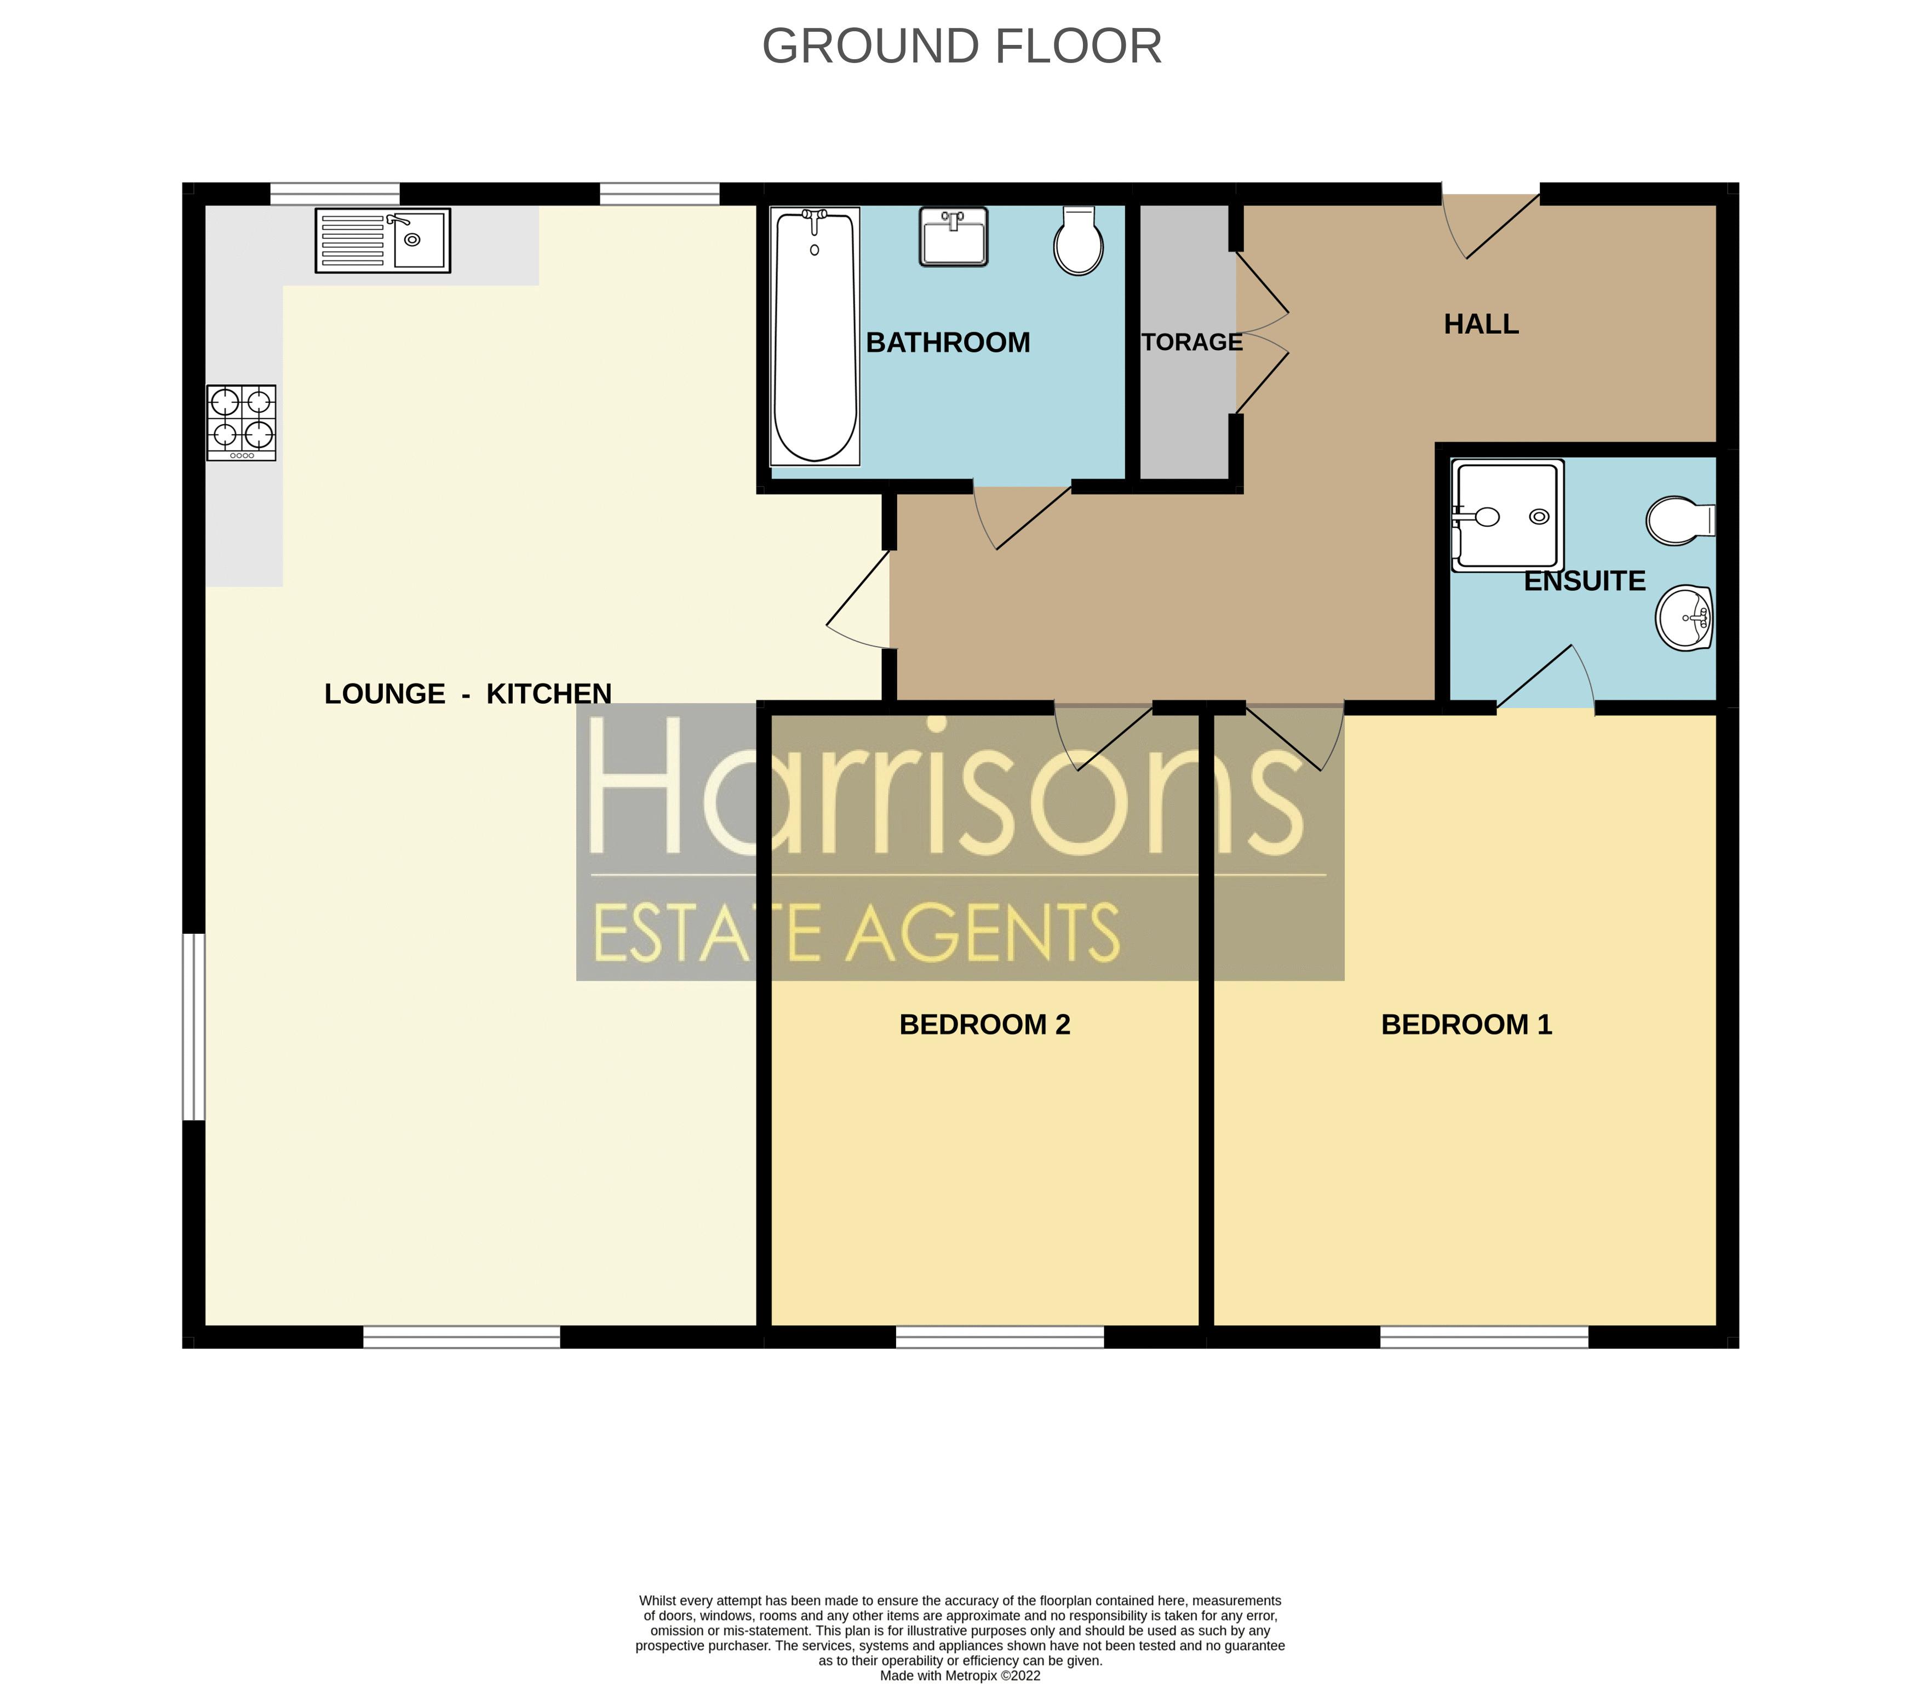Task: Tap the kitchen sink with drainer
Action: coord(382,241)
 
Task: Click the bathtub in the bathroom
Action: coord(815,336)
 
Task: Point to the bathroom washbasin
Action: coord(953,237)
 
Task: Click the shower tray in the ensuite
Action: coord(1507,515)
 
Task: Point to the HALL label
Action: coord(1481,324)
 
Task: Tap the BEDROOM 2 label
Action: coord(984,1024)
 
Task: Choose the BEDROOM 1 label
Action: coord(1466,1024)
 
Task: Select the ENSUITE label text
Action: coord(1585,581)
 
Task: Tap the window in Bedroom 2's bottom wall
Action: coord(1000,1337)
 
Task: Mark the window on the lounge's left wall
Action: coord(193,1026)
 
